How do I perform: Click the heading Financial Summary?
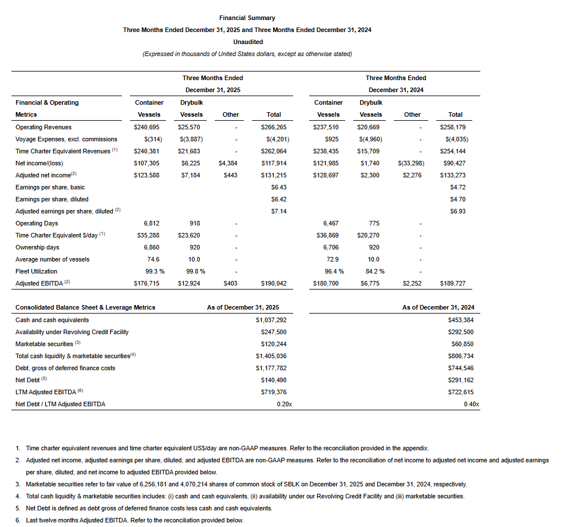click(x=247, y=18)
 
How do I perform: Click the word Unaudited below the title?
click(x=248, y=42)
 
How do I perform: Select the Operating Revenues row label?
click(x=44, y=127)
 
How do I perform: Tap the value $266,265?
click(x=274, y=127)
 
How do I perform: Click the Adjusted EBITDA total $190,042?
click(x=274, y=283)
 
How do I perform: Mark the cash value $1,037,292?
click(x=271, y=320)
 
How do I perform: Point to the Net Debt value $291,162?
click(x=461, y=380)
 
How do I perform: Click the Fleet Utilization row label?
click(x=36, y=271)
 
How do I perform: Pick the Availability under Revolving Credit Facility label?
click(x=72, y=332)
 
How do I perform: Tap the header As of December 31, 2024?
click(x=438, y=307)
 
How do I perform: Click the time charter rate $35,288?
click(x=147, y=235)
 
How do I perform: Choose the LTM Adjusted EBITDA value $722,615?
click(x=461, y=392)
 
